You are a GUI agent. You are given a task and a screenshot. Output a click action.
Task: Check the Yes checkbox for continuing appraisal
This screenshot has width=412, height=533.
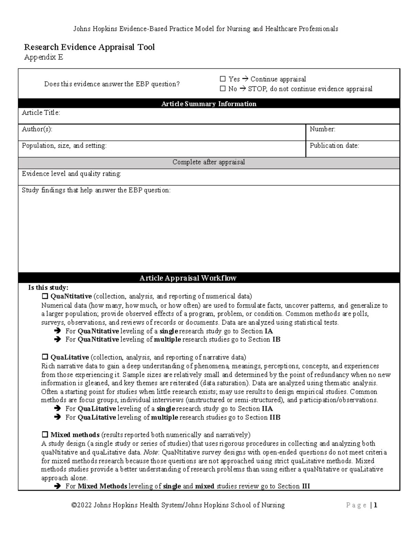(x=222, y=79)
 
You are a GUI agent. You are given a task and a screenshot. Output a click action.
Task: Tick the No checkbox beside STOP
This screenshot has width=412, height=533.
(x=222, y=89)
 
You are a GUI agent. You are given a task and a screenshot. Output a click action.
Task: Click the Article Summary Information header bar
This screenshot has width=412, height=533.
(x=209, y=104)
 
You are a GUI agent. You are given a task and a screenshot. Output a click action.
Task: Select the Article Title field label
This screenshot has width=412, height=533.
(x=41, y=113)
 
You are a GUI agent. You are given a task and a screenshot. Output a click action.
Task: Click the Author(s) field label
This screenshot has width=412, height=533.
(x=37, y=129)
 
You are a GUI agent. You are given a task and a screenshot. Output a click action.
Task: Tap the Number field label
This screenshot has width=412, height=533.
(x=322, y=129)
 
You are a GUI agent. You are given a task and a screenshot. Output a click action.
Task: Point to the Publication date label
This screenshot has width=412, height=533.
(x=334, y=146)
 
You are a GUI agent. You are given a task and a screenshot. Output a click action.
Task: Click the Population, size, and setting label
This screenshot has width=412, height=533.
(x=64, y=146)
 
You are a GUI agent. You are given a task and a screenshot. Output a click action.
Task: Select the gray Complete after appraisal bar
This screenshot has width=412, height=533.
(x=209, y=162)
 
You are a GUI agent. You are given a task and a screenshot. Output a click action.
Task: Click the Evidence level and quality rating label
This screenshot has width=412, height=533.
(x=71, y=174)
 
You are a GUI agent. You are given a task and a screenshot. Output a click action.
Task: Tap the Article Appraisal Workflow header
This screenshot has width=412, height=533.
(x=188, y=278)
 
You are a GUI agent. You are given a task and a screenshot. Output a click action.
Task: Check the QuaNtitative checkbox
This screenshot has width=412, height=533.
(x=45, y=296)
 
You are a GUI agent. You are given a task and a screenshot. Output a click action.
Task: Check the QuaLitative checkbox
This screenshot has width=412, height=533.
(x=45, y=357)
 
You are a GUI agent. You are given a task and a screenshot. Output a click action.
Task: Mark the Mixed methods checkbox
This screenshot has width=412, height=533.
(x=45, y=435)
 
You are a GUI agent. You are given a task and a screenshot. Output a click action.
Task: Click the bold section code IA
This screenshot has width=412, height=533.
(x=269, y=331)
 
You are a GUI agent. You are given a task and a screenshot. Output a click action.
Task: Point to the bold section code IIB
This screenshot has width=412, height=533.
(x=275, y=417)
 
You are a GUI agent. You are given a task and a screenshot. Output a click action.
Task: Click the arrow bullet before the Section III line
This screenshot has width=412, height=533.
(x=57, y=486)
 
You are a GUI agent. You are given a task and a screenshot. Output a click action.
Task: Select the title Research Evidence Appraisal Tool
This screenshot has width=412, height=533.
(x=89, y=47)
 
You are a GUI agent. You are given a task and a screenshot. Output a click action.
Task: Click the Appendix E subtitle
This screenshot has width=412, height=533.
(x=44, y=57)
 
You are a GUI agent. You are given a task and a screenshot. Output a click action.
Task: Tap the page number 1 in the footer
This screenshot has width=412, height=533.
(x=376, y=505)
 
